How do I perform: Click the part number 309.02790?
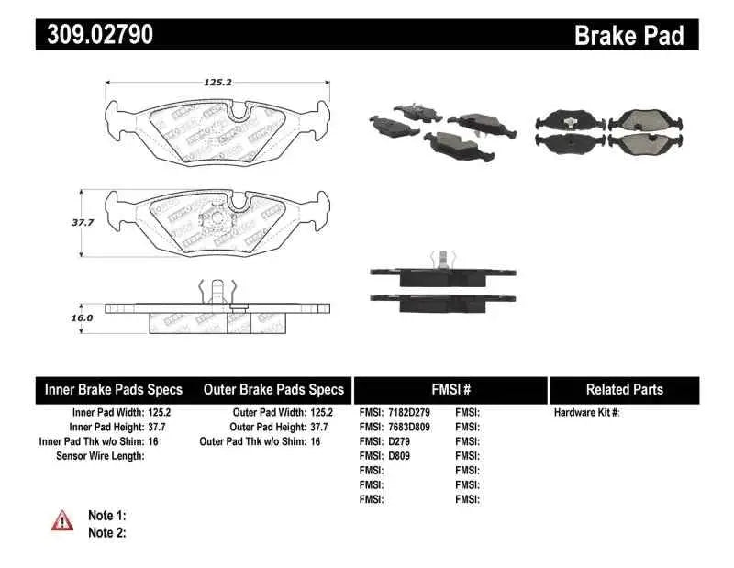pos(95,35)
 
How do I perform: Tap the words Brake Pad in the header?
pos(628,35)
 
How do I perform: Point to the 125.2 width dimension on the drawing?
pos(217,82)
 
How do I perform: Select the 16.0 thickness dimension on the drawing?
pos(83,317)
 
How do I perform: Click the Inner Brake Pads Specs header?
pos(114,390)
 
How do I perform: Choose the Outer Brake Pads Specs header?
pos(273,390)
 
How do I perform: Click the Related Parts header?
pos(624,390)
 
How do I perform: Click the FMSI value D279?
pos(402,441)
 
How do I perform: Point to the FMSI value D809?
pos(402,456)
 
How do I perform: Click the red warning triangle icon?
pos(61,520)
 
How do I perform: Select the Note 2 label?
pos(106,532)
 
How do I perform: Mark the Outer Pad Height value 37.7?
pos(319,428)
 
